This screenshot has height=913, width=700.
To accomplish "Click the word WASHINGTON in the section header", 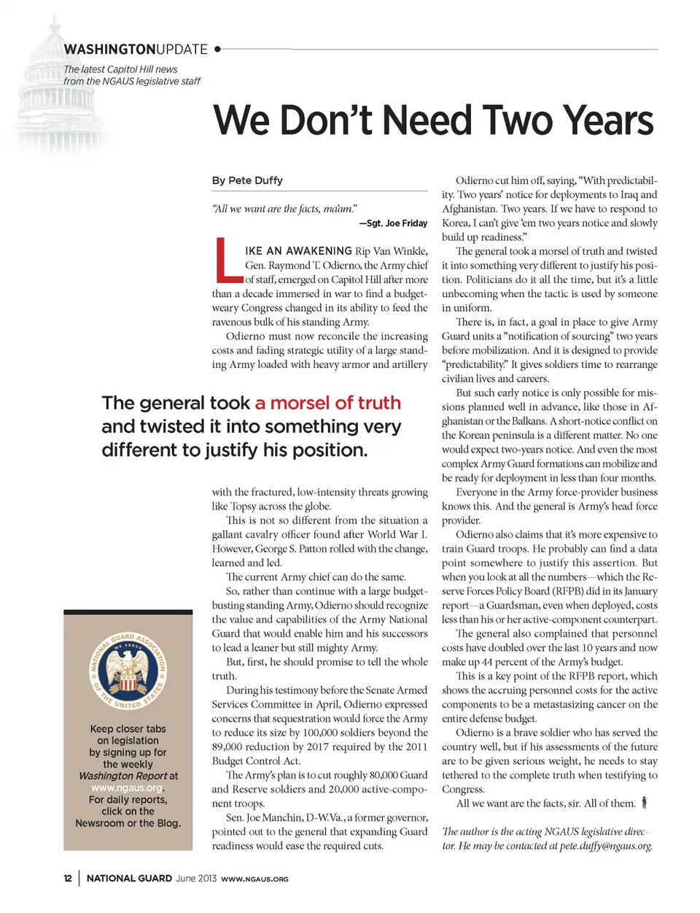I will (109, 50).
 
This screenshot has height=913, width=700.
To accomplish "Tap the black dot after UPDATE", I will (218, 50).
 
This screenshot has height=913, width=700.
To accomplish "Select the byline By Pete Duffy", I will (247, 180).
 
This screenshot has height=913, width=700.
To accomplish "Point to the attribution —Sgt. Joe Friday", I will (393, 223).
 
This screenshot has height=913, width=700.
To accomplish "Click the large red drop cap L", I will (227, 261).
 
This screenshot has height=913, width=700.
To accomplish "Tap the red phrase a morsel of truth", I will (327, 403).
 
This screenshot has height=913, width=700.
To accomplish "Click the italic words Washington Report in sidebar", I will (122, 776).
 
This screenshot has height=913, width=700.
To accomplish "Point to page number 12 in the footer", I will (68, 879).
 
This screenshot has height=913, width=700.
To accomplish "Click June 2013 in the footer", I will (196, 879).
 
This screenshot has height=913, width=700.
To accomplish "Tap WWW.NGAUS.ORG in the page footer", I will (254, 879).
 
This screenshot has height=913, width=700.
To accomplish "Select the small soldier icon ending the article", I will (644, 803).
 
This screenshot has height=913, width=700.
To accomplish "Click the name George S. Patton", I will (287, 549).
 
